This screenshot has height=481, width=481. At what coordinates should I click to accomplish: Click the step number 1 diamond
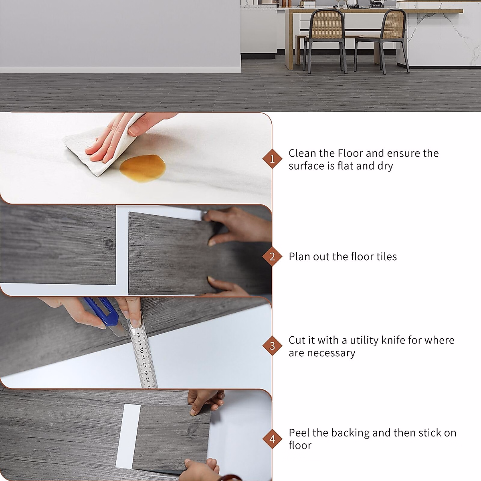coord(272,159)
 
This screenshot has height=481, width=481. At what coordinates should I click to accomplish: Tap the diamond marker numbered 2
coord(272,257)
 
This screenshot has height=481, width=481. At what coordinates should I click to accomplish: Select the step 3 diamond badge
coord(272,346)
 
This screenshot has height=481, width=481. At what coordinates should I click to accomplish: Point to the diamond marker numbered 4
coord(272,439)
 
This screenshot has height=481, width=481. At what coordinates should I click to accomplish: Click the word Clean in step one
coord(302,153)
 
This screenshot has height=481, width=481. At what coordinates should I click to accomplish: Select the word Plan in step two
coord(299,257)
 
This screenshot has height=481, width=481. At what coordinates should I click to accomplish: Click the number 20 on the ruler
coord(141,349)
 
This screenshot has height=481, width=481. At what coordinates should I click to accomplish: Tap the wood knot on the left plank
coord(108,243)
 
